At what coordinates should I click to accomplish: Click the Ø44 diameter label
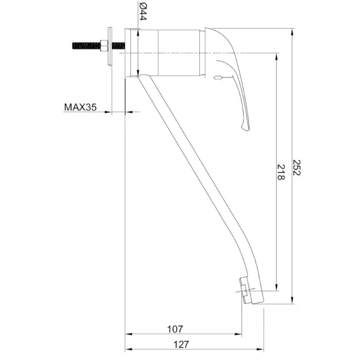(142, 12)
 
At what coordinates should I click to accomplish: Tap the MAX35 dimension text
(80, 107)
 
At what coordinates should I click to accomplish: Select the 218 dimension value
(281, 172)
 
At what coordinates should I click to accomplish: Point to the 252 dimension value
(297, 168)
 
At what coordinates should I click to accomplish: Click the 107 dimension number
(175, 329)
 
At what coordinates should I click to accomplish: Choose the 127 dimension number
(181, 344)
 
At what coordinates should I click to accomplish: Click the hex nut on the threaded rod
(104, 45)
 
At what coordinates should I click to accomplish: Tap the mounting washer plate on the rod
(110, 47)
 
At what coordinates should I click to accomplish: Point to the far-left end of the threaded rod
(73, 45)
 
